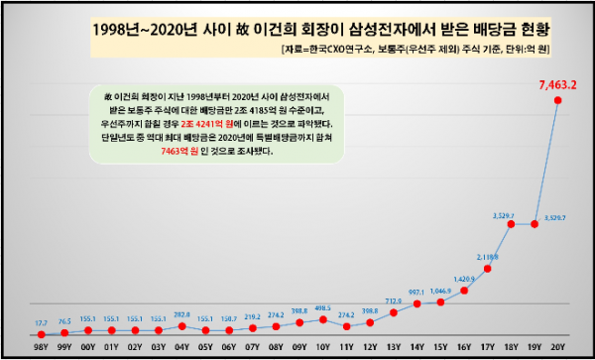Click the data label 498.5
pos(322,308)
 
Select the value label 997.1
pos(416,295)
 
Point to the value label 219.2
pos(252,315)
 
